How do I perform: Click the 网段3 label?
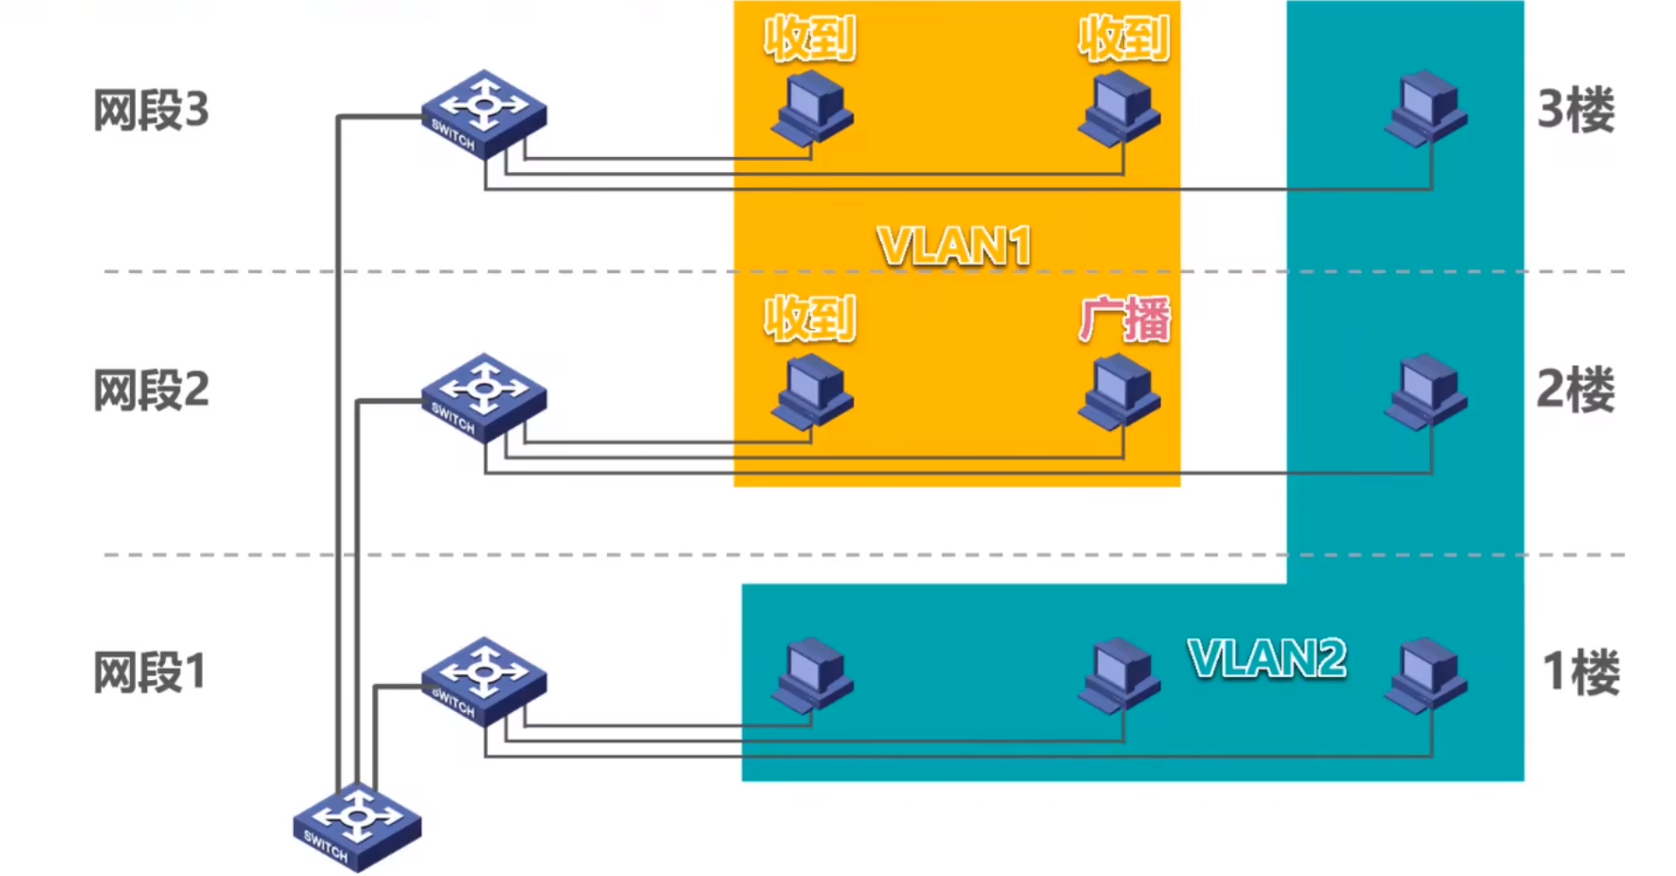point(151,111)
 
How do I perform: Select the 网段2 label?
point(151,391)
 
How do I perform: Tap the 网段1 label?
point(149,673)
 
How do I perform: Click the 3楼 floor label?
point(1576,111)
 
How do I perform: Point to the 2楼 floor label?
point(1576,390)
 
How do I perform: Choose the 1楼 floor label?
point(1579,673)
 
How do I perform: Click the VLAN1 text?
point(954,246)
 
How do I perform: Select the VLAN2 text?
point(1266,658)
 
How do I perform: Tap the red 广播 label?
point(1124,319)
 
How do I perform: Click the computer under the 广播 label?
point(1119,391)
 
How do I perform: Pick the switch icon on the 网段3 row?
point(483,115)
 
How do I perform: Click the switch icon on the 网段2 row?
point(483,398)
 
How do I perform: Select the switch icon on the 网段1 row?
point(483,682)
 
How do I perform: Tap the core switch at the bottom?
point(356,826)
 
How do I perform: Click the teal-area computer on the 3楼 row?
point(1425,109)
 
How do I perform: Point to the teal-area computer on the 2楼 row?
point(1425,391)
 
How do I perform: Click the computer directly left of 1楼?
point(1425,675)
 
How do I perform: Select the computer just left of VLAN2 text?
point(1119,675)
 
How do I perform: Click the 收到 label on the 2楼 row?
point(809,319)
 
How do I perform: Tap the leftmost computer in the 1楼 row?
point(812,675)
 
